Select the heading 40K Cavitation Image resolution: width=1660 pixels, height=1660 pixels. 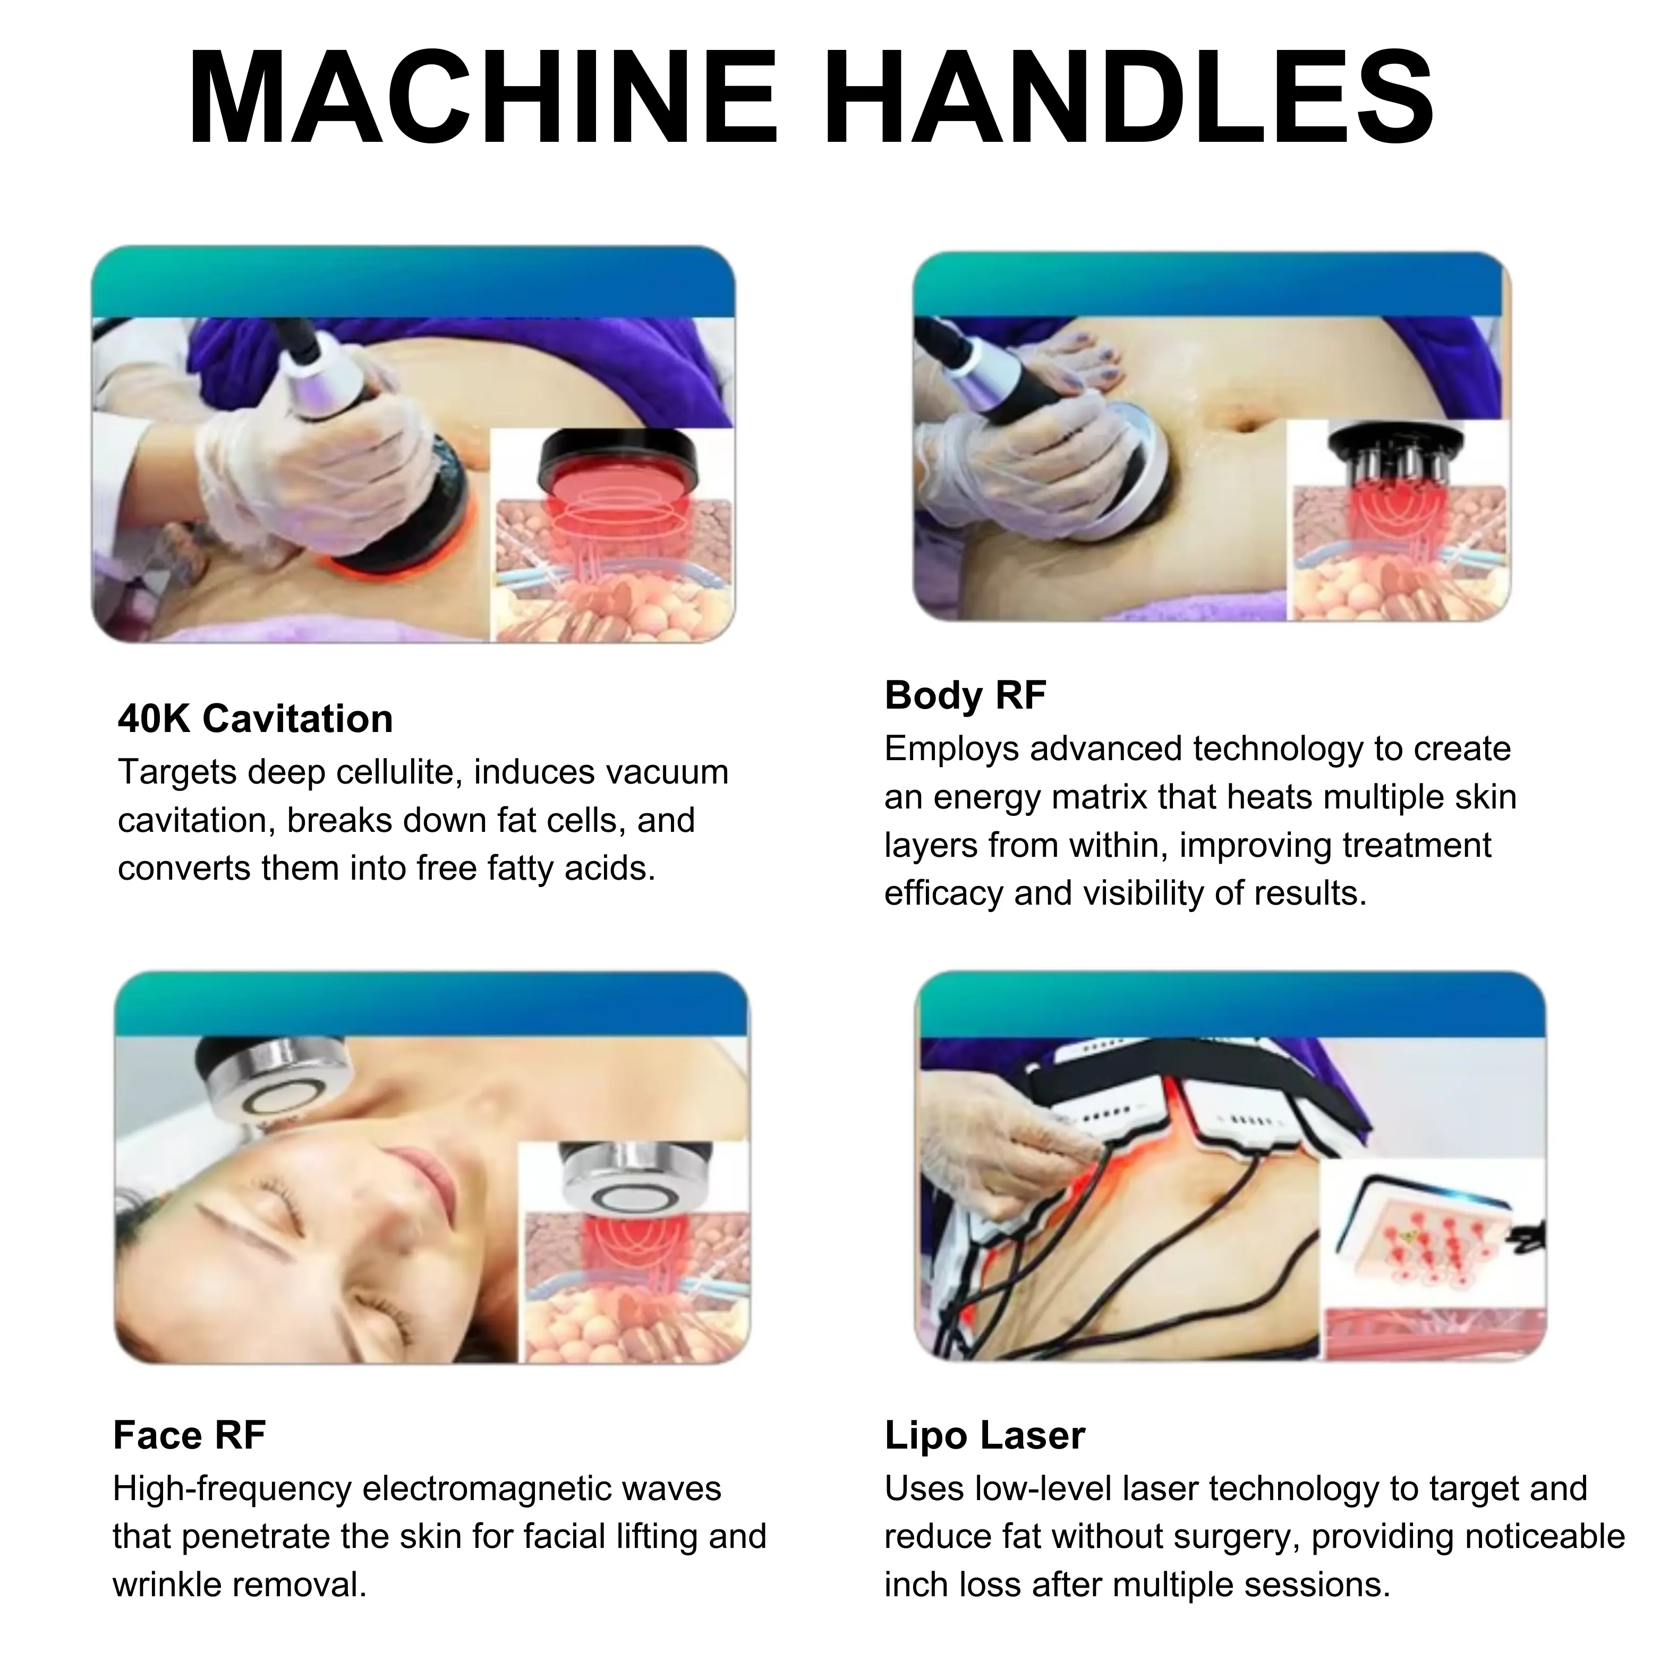255,718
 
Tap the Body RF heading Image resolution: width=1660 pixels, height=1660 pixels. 965,695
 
